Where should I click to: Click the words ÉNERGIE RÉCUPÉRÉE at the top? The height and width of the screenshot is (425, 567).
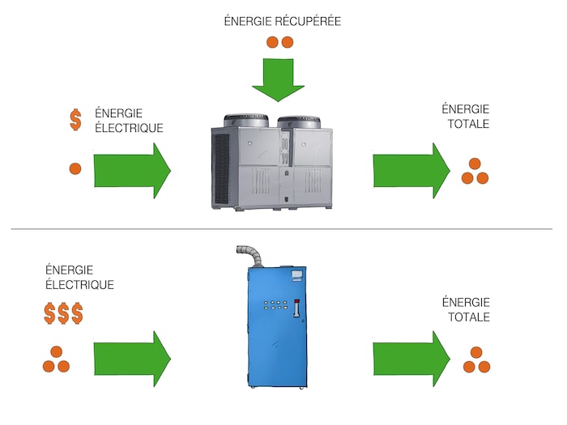(282, 22)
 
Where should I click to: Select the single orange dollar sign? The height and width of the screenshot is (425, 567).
(75, 121)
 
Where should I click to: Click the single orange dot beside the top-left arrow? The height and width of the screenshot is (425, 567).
(75, 168)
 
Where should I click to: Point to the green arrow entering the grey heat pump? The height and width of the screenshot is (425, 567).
(132, 170)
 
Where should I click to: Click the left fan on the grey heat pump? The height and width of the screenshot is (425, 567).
(246, 120)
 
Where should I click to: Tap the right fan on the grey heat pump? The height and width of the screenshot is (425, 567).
(303, 121)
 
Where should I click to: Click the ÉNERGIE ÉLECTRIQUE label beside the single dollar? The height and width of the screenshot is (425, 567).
(129, 121)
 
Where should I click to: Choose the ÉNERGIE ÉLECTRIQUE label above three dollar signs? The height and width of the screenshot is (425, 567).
(79, 277)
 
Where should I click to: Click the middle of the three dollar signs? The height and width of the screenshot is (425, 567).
(63, 314)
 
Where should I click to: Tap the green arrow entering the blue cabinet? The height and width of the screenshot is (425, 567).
(132, 358)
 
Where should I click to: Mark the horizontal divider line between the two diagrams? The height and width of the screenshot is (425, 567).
(283, 229)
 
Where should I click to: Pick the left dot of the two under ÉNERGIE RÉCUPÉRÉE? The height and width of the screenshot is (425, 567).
(274, 42)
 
